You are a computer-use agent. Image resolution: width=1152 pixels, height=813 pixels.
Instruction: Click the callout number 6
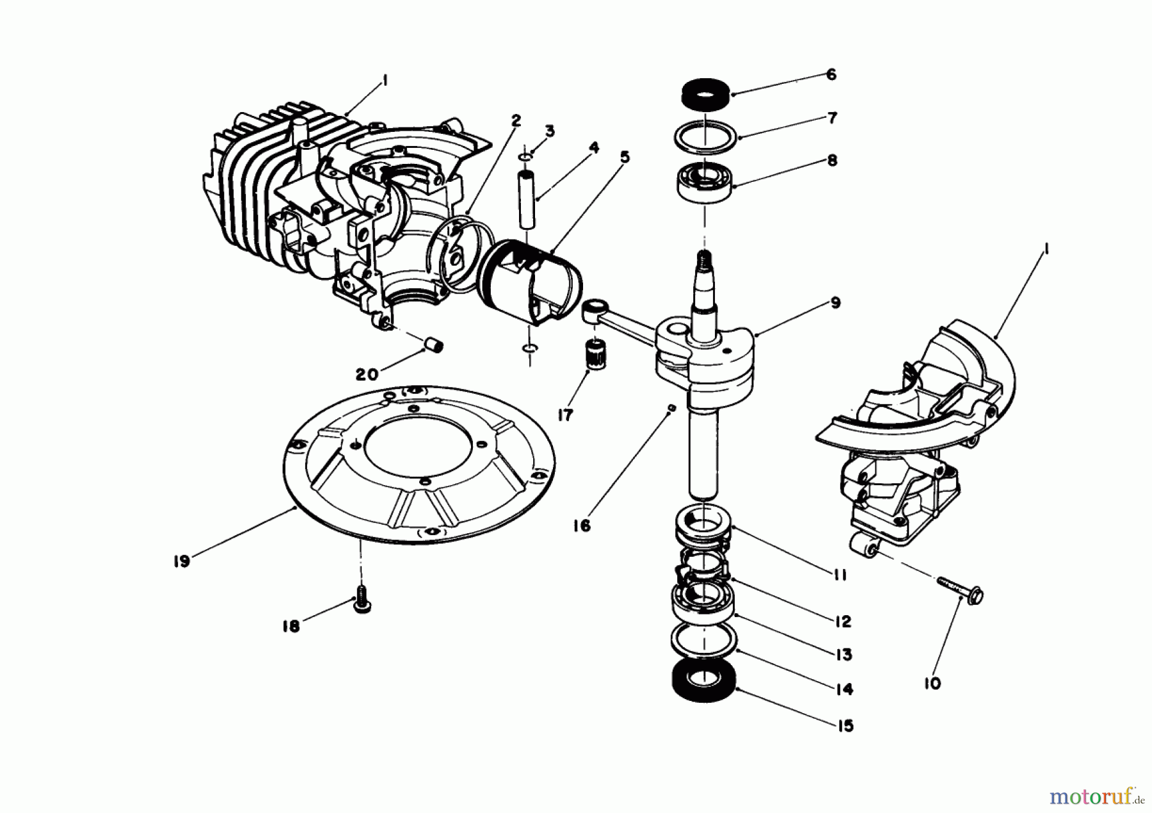tap(831, 75)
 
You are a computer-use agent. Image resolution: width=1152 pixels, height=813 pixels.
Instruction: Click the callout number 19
tap(181, 561)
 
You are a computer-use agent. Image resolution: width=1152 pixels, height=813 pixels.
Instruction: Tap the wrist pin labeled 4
tap(527, 198)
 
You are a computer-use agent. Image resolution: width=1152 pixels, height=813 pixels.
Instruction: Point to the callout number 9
tap(835, 303)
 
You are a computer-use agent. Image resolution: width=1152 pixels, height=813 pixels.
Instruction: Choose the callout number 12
tap(842, 621)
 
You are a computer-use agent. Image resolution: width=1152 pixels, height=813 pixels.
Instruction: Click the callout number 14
tap(844, 689)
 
